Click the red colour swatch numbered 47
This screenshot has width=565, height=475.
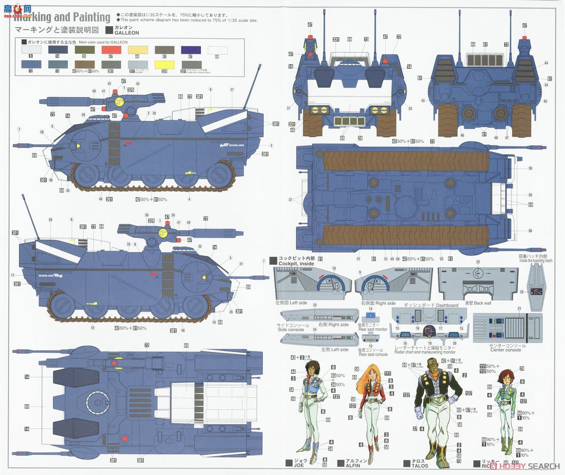click(111, 50)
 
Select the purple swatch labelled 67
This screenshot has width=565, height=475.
click(191, 50)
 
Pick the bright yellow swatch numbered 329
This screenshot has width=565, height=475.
click(164, 65)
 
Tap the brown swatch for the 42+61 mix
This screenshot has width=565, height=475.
click(84, 65)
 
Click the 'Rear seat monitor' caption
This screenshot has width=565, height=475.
click(373, 329)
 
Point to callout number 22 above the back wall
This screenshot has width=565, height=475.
click(477, 262)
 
